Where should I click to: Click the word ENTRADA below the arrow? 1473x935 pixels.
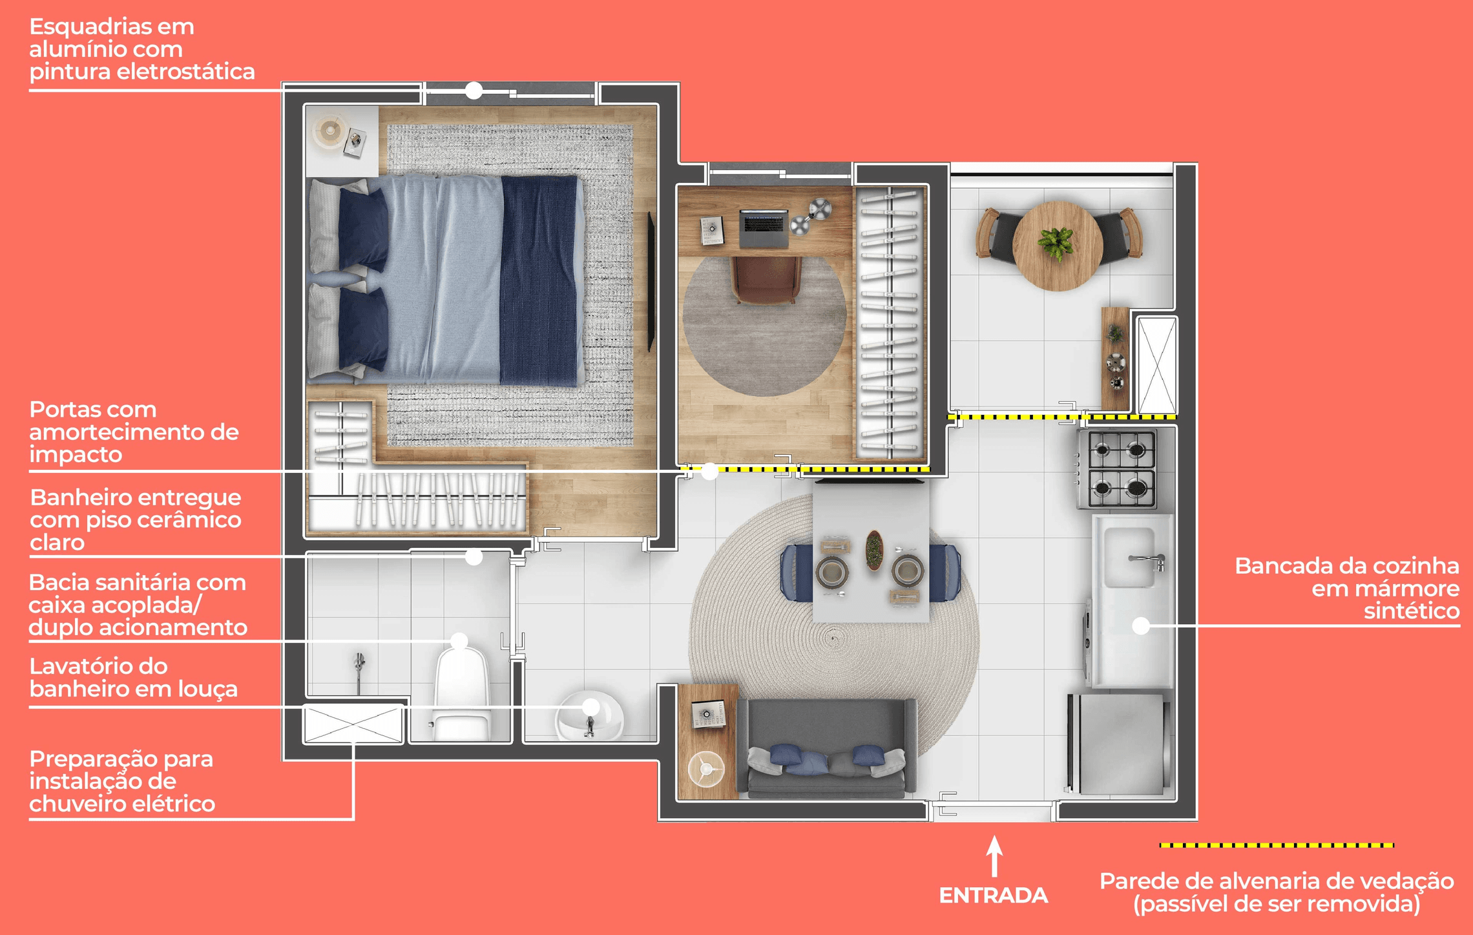(x=993, y=896)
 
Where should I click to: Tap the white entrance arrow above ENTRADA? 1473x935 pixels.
(x=995, y=856)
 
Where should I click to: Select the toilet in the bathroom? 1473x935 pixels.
(x=461, y=694)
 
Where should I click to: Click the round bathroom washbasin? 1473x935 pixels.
(x=590, y=715)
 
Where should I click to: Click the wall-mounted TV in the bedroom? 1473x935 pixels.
(x=652, y=281)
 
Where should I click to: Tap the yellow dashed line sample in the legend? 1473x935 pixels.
(x=1277, y=845)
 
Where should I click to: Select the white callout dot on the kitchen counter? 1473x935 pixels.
(x=1141, y=625)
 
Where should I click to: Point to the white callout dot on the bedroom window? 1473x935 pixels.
(x=474, y=90)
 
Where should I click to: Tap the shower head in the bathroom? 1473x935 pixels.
(x=359, y=662)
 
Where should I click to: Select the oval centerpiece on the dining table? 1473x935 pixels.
(x=873, y=551)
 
